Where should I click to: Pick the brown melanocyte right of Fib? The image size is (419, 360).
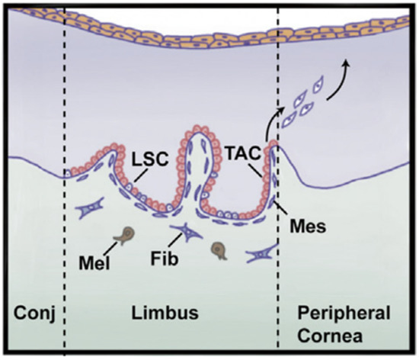coord(219,247)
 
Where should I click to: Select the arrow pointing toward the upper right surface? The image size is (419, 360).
coord(339,80)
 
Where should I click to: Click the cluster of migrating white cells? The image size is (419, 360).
coord(304,107)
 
